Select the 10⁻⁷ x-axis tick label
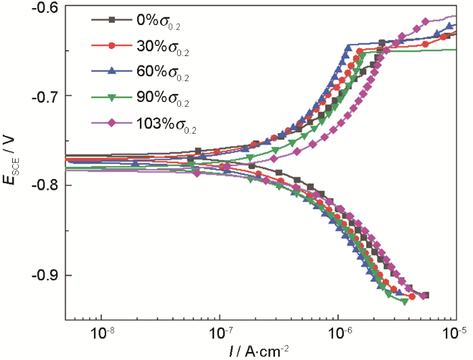tap(220, 332)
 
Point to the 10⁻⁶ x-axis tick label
tap(339, 332)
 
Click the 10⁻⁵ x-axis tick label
tap(457, 332)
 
